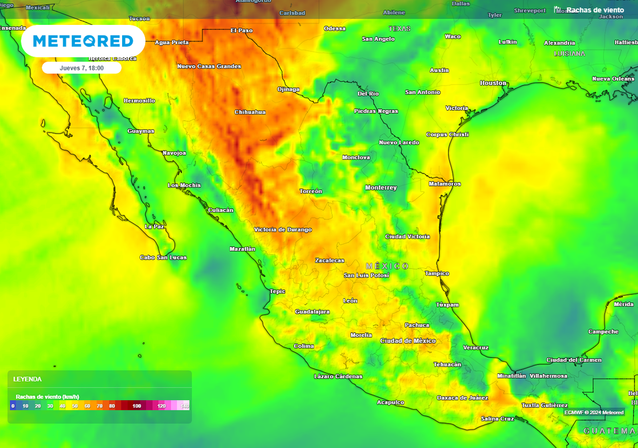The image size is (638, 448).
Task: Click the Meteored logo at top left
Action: pos(83,41)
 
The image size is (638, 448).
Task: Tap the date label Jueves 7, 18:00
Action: pos(82,68)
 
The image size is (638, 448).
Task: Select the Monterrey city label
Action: pos(381,187)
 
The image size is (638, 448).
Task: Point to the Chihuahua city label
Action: pos(250,112)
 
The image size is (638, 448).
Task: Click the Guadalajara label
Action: pos(312,311)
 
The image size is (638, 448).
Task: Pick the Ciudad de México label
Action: pos(408,340)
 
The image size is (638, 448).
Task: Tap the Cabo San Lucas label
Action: pos(163,258)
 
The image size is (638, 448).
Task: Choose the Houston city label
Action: pos(493,83)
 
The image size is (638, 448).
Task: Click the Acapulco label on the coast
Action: pos(391,402)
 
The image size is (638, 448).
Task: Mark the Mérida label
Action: pos(624,304)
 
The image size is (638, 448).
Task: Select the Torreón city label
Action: pos(311,191)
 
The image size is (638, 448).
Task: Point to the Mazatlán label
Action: pos(242,249)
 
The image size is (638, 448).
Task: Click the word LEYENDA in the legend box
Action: pos(27,379)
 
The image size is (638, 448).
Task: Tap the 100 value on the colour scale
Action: pos(136,406)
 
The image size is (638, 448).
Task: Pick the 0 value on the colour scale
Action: pos(12,406)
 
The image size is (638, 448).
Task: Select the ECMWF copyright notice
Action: pos(594,412)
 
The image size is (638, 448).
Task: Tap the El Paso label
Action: pos(241,30)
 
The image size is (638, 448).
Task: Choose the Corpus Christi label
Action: pos(447,134)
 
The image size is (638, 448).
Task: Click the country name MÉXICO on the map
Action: pos(387,266)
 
